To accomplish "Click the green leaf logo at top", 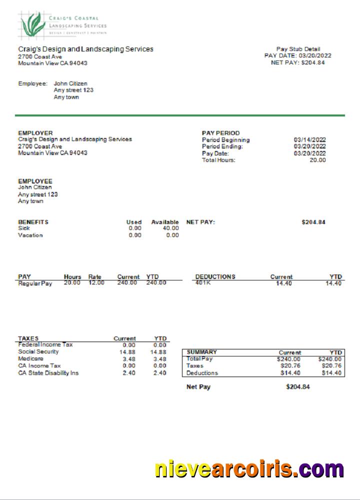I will click(32, 24).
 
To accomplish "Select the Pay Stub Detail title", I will click(298, 49).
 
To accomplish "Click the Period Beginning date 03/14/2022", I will click(310, 140).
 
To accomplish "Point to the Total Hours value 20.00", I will click(317, 160).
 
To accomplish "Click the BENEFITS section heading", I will click(33, 222).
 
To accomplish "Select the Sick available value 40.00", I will click(171, 228).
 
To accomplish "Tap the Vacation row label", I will click(30, 235).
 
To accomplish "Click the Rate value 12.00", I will click(96, 283).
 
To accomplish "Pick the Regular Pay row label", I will click(35, 283).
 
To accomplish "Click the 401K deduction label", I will click(203, 283).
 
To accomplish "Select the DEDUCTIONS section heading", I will click(215, 276).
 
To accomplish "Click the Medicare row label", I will click(30, 358).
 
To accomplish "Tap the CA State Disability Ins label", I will click(48, 372).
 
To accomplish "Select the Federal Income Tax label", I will click(45, 344).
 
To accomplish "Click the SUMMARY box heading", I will click(202, 352).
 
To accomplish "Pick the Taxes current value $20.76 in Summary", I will click(290, 366).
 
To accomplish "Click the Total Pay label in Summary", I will click(200, 358).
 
